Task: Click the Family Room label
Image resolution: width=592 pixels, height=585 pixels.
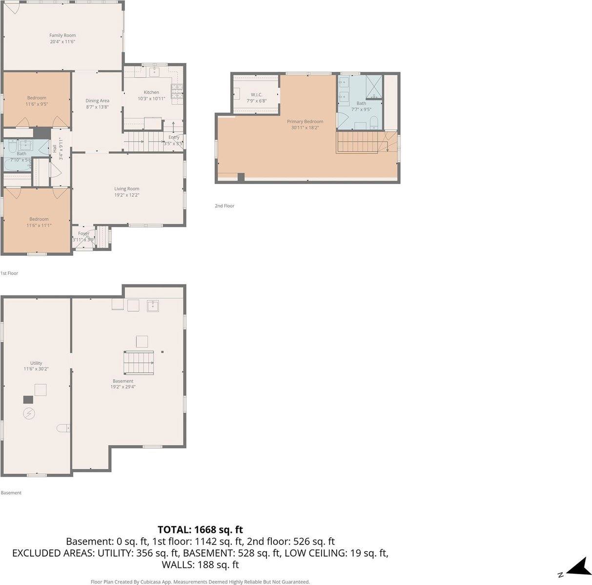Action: [62, 35]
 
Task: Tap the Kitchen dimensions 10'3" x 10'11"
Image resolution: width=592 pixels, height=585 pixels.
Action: [151, 99]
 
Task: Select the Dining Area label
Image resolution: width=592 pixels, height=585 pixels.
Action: [97, 101]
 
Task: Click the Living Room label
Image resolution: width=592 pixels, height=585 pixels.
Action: [127, 188]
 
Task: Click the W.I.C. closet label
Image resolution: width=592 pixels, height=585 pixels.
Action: [257, 94]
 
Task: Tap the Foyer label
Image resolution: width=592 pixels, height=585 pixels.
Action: [83, 233]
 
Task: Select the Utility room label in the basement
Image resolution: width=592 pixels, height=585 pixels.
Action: [36, 363]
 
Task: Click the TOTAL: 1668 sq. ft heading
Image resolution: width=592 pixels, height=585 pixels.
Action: [200, 529]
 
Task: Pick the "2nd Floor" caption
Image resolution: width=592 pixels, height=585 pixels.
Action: [225, 206]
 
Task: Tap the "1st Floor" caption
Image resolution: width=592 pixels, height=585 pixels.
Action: [9, 273]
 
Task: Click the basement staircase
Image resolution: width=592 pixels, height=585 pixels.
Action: [138, 362]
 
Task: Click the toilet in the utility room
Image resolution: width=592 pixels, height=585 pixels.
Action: [62, 428]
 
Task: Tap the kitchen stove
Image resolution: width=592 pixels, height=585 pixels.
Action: [177, 90]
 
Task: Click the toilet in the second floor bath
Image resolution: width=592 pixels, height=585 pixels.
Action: [373, 122]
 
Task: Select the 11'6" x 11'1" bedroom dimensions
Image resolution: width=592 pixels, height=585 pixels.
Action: [39, 226]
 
